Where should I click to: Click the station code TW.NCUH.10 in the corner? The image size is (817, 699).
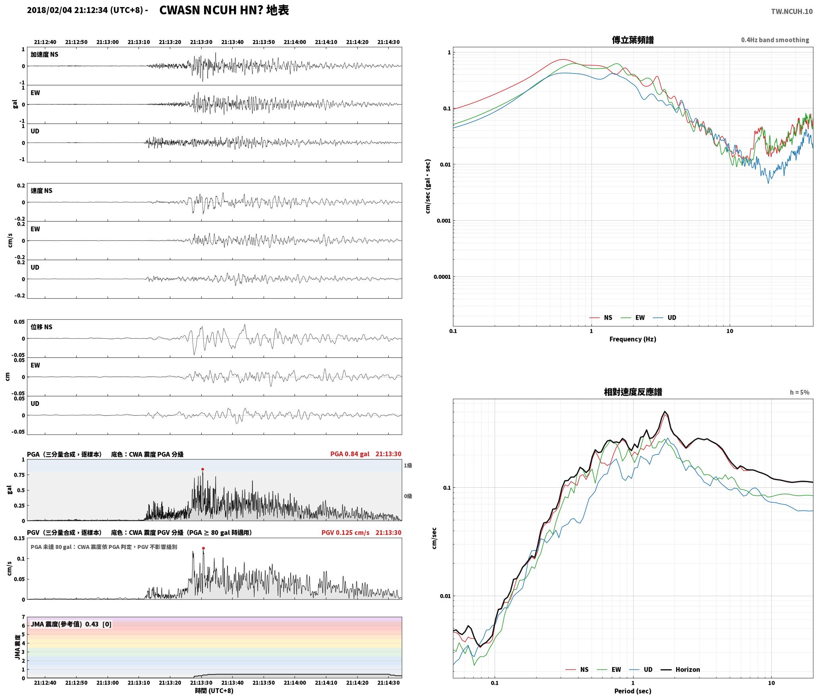pyautogui.click(x=792, y=12)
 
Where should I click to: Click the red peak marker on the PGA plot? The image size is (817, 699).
pyautogui.click(x=202, y=469)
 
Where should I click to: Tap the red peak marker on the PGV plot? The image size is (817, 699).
pyautogui.click(x=203, y=548)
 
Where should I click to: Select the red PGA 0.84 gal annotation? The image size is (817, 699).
pyautogui.click(x=350, y=454)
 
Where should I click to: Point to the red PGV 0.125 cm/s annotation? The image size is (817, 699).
pyautogui.click(x=345, y=533)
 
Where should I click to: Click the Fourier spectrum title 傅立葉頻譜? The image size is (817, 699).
pyautogui.click(x=633, y=40)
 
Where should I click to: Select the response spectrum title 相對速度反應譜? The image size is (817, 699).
pyautogui.click(x=633, y=392)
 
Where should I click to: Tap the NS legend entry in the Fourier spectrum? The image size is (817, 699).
pyautogui.click(x=601, y=317)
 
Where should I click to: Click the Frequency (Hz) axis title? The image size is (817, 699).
pyautogui.click(x=633, y=339)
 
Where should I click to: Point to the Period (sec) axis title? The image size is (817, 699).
pyautogui.click(x=633, y=691)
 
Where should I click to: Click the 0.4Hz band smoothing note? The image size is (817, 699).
pyautogui.click(x=775, y=40)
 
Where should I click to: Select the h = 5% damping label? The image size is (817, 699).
pyautogui.click(x=800, y=392)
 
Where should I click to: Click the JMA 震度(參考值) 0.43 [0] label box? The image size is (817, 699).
pyautogui.click(x=71, y=624)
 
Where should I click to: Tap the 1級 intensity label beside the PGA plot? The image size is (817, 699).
pyautogui.click(x=408, y=465)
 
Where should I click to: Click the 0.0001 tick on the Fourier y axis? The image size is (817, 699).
pyautogui.click(x=442, y=277)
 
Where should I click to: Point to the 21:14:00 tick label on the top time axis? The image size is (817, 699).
pyautogui.click(x=295, y=42)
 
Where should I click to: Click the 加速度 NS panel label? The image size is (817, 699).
pyautogui.click(x=44, y=54)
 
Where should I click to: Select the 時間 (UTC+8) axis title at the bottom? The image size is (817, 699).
pyautogui.click(x=214, y=691)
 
